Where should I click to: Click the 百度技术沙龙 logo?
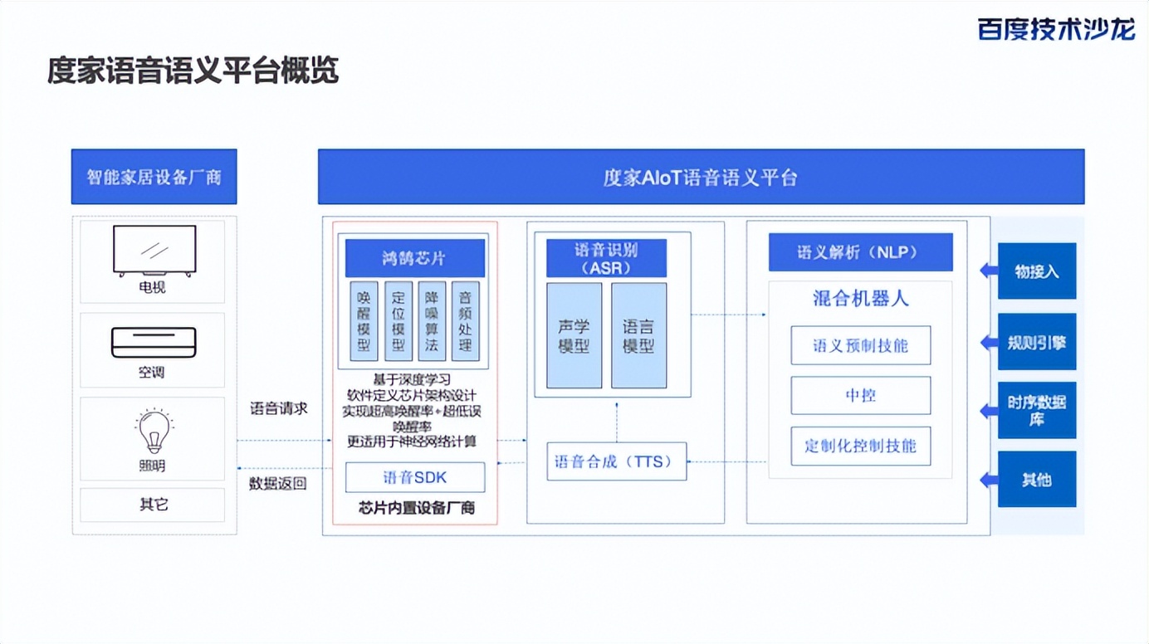[x=1056, y=29]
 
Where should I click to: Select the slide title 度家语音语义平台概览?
[x=193, y=71]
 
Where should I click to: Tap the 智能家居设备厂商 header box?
[x=154, y=177]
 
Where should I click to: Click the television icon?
[x=154, y=250]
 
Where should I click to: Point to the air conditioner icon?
[x=154, y=342]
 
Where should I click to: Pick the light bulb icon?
[x=154, y=431]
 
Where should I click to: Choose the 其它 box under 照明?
[x=153, y=505]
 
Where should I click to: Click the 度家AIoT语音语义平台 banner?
[x=701, y=177]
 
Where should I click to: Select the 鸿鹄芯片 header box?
[x=414, y=258]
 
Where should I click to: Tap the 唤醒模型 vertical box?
[x=364, y=321]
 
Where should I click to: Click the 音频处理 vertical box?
[x=465, y=321]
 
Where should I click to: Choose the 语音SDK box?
[x=414, y=477]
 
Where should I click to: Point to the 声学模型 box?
[x=574, y=335]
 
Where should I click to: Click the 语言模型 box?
[x=638, y=335]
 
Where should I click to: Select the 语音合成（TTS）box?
[x=616, y=461]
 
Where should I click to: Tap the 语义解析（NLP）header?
[x=860, y=252]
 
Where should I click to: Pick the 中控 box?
[x=860, y=396]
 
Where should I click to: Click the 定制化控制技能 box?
[x=860, y=446]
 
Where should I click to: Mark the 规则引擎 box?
[x=1036, y=342]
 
